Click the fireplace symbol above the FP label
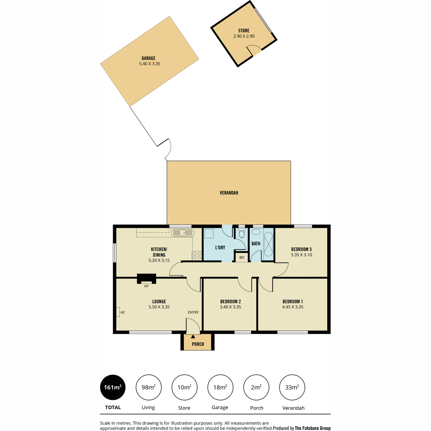coord(147,279)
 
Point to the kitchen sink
coord(183,233)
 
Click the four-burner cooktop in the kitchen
coord(197,256)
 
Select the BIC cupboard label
coord(242,258)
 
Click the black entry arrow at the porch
coord(193,337)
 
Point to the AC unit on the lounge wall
coord(118,312)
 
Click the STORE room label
coord(244,31)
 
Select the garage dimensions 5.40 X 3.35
coord(150,64)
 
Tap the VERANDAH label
coord(229,193)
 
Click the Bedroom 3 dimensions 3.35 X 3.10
coord(301,255)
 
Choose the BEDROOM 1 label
coord(293,301)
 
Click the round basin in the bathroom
coord(256,232)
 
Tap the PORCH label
coord(198,344)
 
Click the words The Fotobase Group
coord(313,428)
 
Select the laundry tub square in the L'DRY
coord(209,233)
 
